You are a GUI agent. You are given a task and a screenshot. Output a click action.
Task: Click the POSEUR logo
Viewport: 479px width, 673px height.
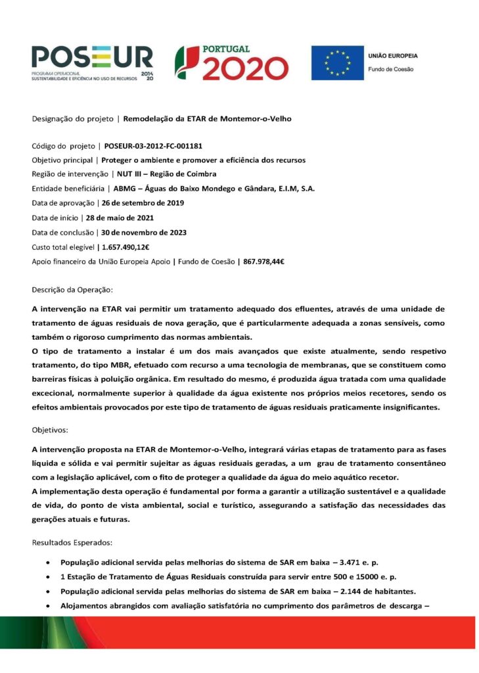click(92, 62)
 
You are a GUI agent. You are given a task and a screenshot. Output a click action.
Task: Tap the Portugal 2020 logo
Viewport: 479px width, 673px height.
click(231, 63)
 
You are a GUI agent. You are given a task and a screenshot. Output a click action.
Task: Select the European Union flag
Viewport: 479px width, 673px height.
click(337, 63)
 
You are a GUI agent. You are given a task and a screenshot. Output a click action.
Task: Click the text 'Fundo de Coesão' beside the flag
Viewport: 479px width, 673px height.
click(390, 69)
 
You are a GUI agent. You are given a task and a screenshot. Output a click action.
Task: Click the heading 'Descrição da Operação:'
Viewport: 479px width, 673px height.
click(73, 289)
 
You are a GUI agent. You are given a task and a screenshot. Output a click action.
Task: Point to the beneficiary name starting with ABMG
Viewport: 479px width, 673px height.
click(214, 189)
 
